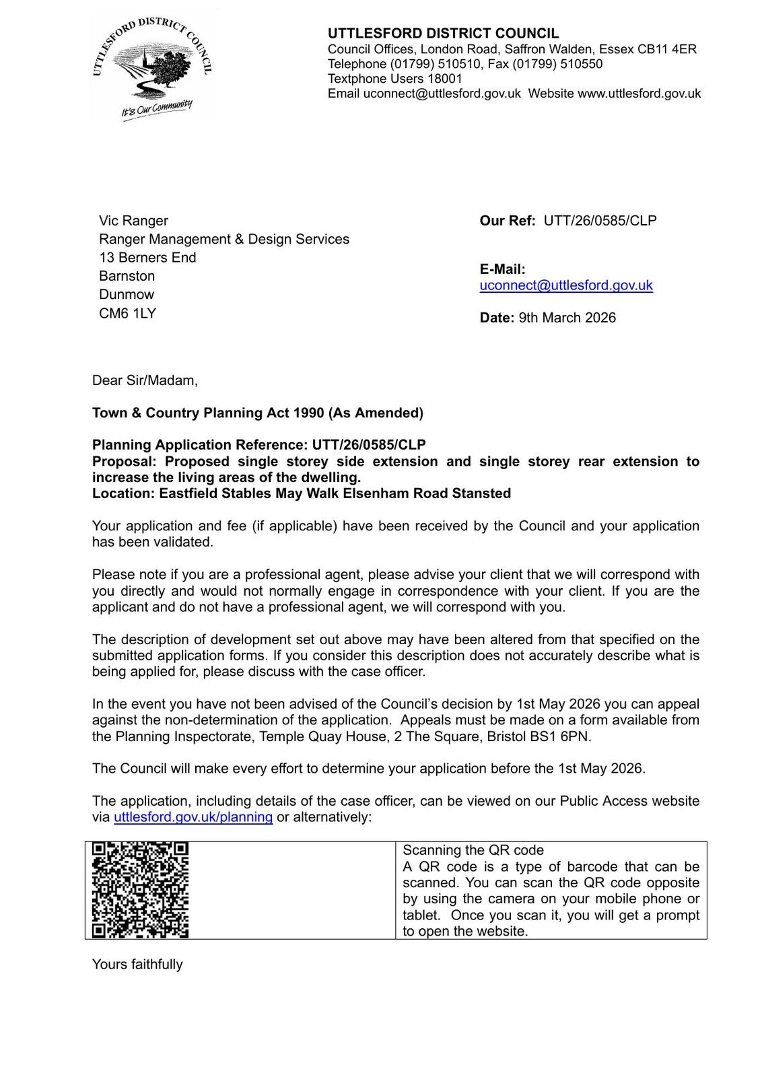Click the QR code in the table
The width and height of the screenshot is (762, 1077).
[x=140, y=889]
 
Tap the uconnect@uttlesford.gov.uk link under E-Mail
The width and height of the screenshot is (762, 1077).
[x=565, y=285]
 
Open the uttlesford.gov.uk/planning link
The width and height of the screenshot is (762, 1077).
[x=193, y=817]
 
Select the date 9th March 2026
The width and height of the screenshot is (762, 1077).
[x=567, y=318]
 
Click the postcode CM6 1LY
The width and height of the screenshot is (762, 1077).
[x=127, y=313]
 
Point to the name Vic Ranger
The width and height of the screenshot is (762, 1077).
[x=133, y=221]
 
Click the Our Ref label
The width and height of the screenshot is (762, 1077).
[x=507, y=221]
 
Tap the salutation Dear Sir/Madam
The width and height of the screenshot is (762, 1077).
[x=145, y=380]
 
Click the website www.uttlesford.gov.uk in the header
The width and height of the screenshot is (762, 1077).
[x=639, y=94]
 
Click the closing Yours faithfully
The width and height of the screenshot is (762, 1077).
[x=137, y=964]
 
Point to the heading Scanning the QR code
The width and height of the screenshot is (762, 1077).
[x=473, y=850]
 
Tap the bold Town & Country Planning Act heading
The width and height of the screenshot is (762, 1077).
[x=258, y=413]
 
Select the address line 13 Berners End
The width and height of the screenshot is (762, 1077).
[x=147, y=258]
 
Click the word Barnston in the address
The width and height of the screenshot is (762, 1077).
[x=127, y=276]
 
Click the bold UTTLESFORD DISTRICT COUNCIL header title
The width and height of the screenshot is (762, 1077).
[x=443, y=34]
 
